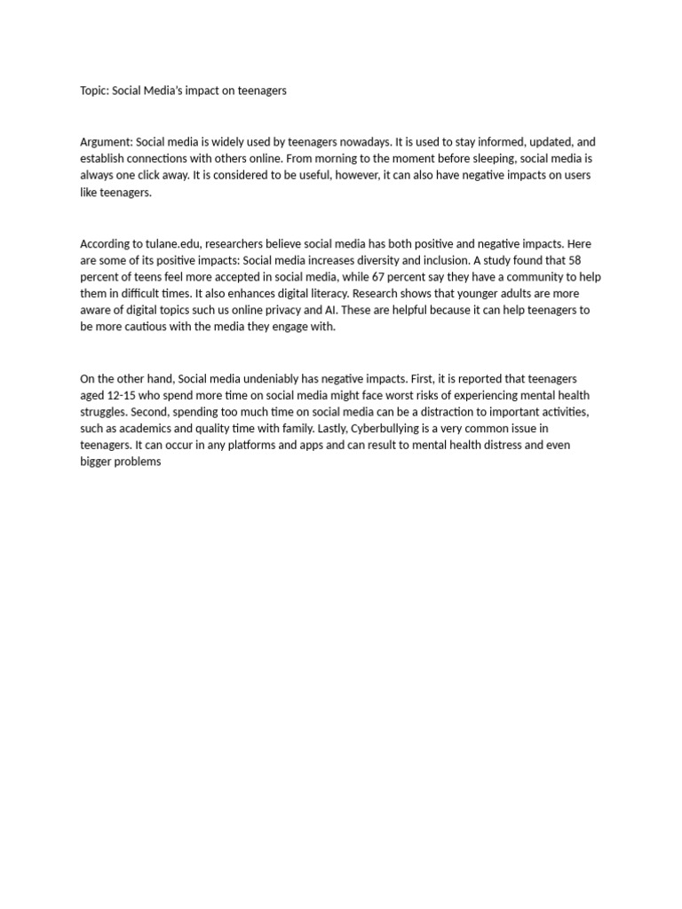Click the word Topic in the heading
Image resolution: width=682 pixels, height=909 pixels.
point(93,91)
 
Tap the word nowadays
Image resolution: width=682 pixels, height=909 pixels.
point(364,142)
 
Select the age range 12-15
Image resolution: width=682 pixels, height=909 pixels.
point(124,395)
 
